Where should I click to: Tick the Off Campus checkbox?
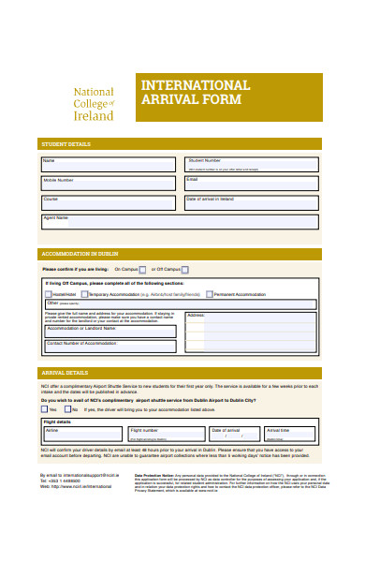(x=186, y=269)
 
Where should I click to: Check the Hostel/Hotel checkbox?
(x=48, y=293)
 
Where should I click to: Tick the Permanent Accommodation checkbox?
(x=210, y=293)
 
